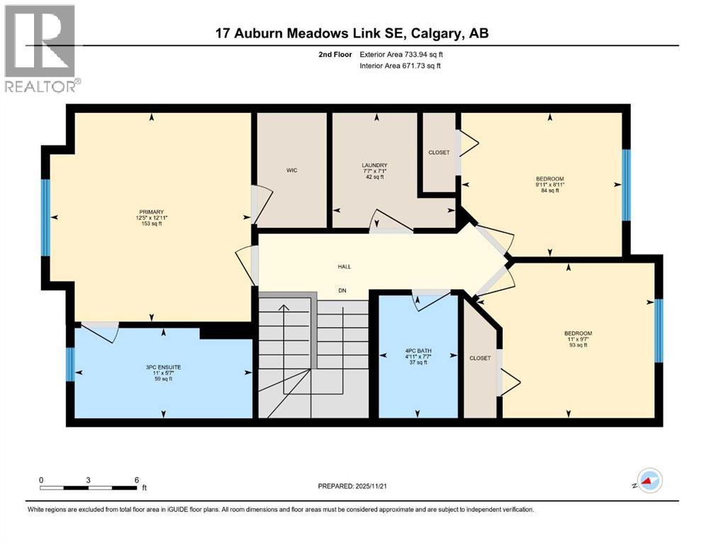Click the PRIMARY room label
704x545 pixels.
(x=152, y=211)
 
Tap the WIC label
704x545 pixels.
(x=291, y=170)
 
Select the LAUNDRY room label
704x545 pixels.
(x=374, y=165)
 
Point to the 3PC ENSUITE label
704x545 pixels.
(x=164, y=367)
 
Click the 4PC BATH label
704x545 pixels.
(x=418, y=349)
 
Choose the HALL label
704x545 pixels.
(x=344, y=267)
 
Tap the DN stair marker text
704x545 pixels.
(x=342, y=291)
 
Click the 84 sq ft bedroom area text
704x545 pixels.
(x=549, y=190)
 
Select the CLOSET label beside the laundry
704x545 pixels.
(x=439, y=153)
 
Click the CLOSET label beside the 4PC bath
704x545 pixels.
(x=480, y=358)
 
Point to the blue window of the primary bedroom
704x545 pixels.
(x=45, y=216)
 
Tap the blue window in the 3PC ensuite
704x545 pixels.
(x=69, y=365)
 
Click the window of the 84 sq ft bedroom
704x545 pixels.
(x=625, y=185)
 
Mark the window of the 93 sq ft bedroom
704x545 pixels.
(x=658, y=331)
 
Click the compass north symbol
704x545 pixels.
(x=648, y=482)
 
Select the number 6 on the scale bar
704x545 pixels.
(x=136, y=480)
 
